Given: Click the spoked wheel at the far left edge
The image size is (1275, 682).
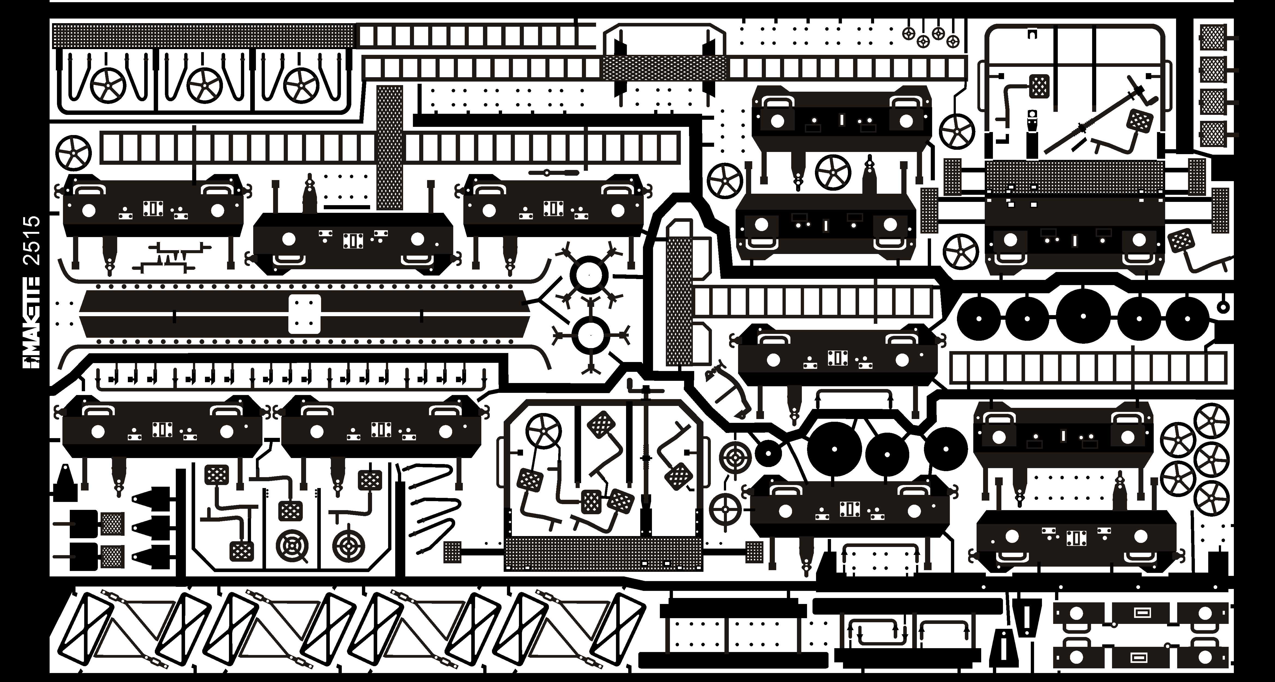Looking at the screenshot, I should point(73,154).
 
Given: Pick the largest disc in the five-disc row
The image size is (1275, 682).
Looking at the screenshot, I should point(1083,315).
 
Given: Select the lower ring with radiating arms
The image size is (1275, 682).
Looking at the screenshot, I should point(590,335).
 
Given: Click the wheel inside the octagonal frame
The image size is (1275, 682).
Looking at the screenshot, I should point(543,431).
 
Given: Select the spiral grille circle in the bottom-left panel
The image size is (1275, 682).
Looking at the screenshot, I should point(292,546).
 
